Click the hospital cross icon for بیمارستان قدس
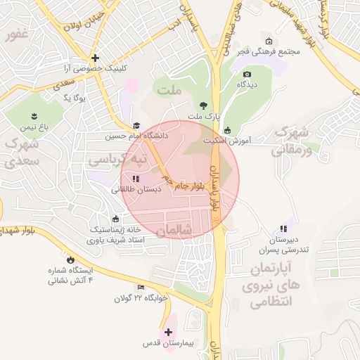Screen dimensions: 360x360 (x=168, y=332)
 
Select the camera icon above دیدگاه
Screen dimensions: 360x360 (x=247, y=74)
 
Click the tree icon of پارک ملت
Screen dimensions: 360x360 (x=204, y=103)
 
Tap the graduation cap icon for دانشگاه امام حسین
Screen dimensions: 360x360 (x=136, y=126)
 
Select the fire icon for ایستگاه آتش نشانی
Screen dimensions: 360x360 (x=70, y=259)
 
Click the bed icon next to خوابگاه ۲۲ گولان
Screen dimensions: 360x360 (x=141, y=288)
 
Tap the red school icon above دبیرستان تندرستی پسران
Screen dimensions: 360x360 (x=283, y=229)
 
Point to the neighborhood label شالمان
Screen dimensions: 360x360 (x=175, y=230)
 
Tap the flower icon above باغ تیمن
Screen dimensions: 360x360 (x=33, y=115)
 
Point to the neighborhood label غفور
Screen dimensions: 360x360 (x=15, y=34)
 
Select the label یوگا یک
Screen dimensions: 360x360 (x=78, y=98)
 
